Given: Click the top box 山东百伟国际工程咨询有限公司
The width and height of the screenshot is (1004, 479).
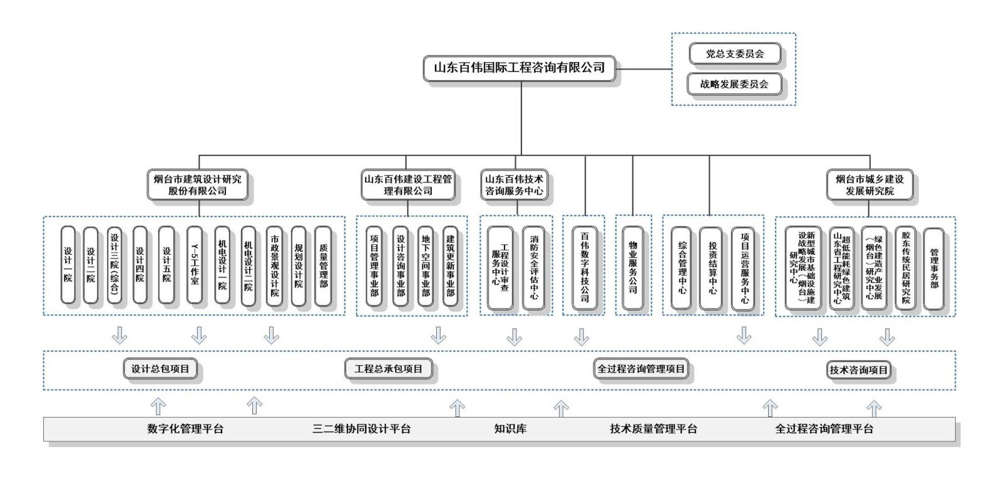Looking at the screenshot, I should pos(520,68).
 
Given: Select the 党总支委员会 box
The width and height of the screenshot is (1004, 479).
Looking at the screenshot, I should pos(735,54).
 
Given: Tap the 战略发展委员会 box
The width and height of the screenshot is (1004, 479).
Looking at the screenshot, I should pos(735,84).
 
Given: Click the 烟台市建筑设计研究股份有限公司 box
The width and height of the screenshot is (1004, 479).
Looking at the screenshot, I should pos(198,185).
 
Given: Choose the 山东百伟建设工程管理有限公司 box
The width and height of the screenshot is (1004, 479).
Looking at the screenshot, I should pos(408,185).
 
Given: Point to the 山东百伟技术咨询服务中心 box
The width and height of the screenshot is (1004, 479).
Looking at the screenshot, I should pos(514,185).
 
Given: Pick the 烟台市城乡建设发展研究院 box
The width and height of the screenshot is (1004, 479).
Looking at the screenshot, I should pos(870,185).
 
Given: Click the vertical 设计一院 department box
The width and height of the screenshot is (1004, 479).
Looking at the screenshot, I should pos(68,266).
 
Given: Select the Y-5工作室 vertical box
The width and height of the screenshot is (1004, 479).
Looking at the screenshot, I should pos(195,266).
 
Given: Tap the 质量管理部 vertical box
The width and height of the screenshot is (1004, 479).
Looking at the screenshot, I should pos(323,266).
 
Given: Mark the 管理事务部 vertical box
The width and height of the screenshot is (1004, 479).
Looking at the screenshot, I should pos(934,268).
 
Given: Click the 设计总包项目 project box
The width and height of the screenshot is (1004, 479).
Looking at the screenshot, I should pos(160,369).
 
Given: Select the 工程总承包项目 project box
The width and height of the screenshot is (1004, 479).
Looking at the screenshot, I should pos(388,369).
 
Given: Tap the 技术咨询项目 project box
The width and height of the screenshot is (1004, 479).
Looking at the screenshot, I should pos(858,371).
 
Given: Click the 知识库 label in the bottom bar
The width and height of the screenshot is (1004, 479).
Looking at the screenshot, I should pos(510,429).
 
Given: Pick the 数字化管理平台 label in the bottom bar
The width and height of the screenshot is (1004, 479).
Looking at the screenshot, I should pos(185,429).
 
